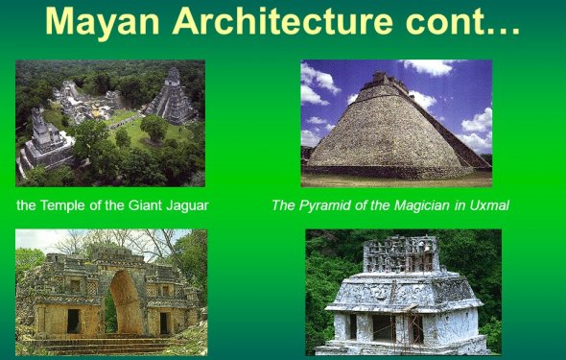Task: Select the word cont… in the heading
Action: [x=465, y=23]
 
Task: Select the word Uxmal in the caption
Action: [x=487, y=204]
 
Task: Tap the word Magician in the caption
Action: [x=410, y=204]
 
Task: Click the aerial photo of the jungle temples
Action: [x=110, y=122]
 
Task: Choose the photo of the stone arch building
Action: [x=110, y=292]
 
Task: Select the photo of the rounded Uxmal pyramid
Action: [x=396, y=122]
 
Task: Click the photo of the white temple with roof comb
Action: [x=403, y=292]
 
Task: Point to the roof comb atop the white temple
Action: [x=401, y=253]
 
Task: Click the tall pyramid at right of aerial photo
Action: [x=173, y=98]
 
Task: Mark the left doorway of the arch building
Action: [x=73, y=321]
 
